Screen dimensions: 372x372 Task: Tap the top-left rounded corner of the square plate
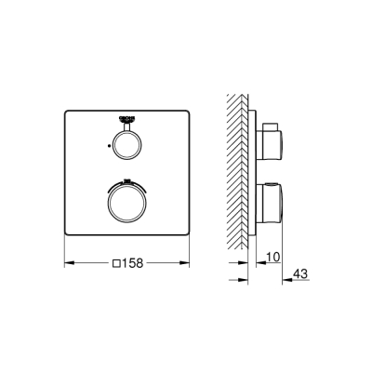67,113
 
